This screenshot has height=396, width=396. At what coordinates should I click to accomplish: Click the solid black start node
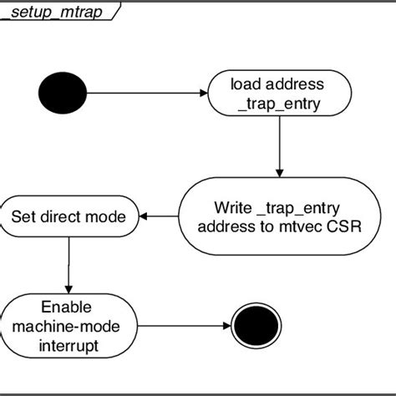tap(61, 94)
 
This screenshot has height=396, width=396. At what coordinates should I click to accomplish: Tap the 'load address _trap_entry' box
tap(278, 93)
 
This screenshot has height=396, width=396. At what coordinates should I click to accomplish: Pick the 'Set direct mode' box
tap(69, 217)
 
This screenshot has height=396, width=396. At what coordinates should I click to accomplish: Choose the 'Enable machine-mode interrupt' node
tap(66, 326)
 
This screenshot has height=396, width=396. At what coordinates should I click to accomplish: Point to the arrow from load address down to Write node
tap(278, 145)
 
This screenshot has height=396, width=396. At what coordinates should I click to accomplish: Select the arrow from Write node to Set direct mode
tap(159, 216)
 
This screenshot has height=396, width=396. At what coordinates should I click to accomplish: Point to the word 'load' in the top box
tap(248, 84)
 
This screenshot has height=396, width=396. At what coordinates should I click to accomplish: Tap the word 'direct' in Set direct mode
tap(69, 217)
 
